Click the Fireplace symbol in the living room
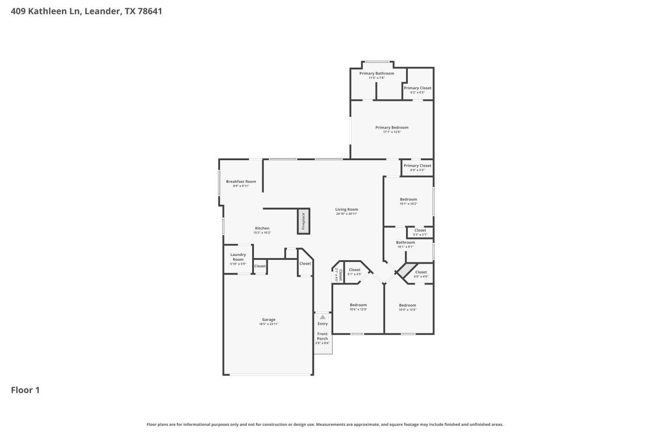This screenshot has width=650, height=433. point(303,221)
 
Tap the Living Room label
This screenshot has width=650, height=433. point(347,210)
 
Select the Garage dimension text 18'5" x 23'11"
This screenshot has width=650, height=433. point(269,324)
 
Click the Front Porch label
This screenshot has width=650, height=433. point(322,336)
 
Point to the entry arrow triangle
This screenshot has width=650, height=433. point(322,317)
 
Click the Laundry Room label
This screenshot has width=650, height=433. point(238,257)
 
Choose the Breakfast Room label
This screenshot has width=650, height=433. point(241,181)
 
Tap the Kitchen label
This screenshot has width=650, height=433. point(262,228)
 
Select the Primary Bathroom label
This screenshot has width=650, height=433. point(377,73)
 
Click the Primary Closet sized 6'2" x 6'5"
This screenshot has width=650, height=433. point(417,88)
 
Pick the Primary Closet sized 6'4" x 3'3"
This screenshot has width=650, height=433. point(417,166)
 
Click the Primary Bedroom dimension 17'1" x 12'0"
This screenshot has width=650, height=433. point(392,132)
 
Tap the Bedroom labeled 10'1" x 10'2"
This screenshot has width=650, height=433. point(408,200)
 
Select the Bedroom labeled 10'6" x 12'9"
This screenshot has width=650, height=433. point(358,305)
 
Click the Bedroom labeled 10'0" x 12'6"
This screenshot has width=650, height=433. point(407,305)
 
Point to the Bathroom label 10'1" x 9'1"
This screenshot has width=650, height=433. point(406,242)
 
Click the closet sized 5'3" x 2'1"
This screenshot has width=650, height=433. point(420,231)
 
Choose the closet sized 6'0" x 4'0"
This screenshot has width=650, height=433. point(421,272)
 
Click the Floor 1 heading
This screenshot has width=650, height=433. point(25,390)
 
